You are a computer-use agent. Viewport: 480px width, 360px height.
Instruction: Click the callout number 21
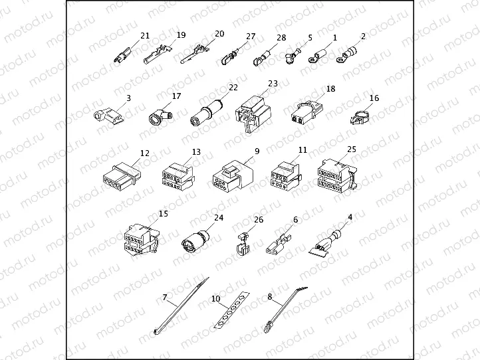click(146, 35)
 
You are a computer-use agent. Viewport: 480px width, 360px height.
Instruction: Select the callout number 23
click(273, 84)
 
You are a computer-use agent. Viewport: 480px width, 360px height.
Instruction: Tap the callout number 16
click(374, 98)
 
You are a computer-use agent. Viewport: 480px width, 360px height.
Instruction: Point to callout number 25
click(352, 150)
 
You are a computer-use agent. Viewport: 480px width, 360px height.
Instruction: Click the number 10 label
click(216, 299)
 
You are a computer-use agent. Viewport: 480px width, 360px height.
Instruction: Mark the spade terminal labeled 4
click(328, 242)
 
